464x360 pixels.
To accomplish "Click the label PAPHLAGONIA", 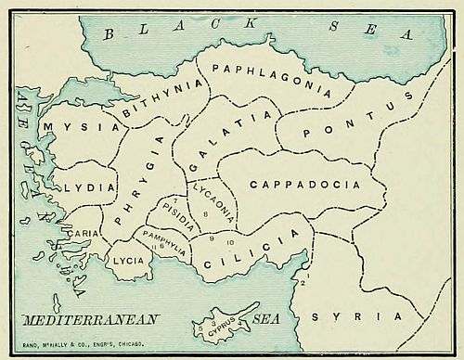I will (271, 79).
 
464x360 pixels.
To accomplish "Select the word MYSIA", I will (82, 127).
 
